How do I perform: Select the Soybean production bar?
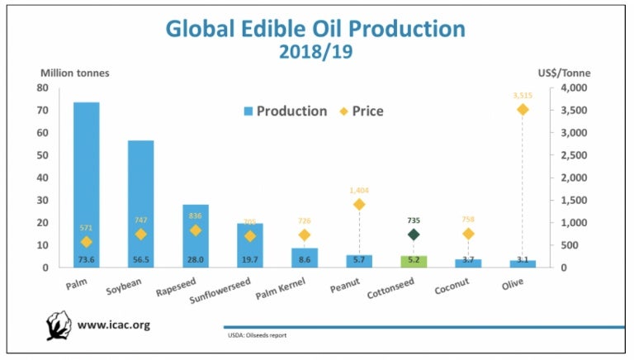[140, 203]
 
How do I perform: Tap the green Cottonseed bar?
[414, 261]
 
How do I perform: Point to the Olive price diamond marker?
[523, 109]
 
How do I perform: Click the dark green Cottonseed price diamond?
[414, 234]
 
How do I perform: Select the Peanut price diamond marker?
[359, 204]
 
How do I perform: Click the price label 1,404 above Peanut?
[359, 190]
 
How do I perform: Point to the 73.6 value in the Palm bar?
[87, 260]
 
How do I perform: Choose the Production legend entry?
[285, 111]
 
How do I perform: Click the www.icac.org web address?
[113, 324]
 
